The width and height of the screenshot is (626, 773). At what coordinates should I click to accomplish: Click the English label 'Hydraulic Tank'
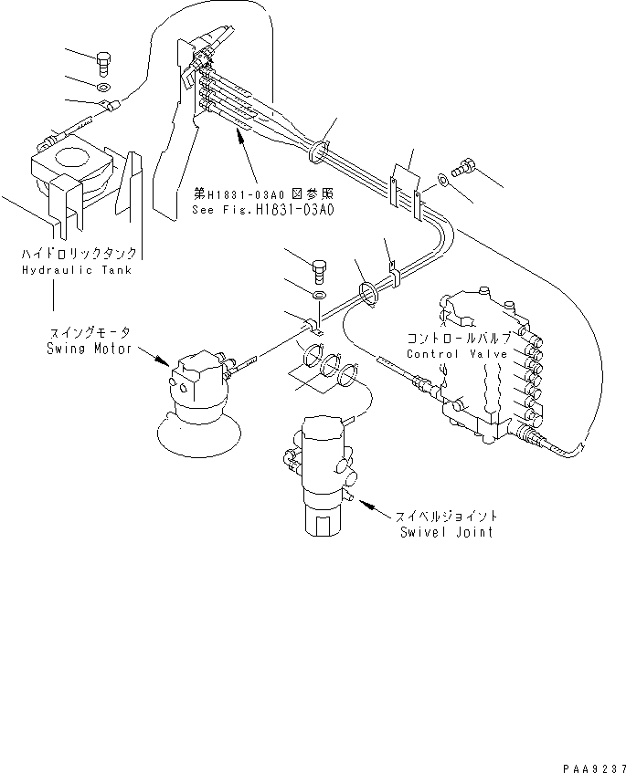tap(76, 270)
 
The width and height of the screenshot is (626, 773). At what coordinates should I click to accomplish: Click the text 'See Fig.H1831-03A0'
tap(265, 209)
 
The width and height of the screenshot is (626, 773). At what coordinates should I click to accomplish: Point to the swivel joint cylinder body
tap(320, 465)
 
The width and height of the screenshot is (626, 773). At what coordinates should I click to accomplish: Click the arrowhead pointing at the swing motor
tap(164, 362)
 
